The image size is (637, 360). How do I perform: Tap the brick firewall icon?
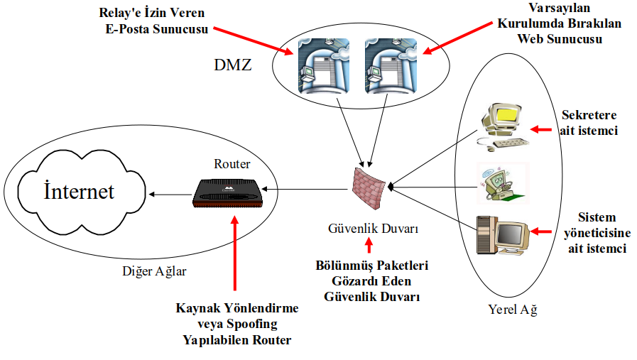click(x=369, y=185)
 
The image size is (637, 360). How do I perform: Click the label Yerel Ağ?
click(x=513, y=310)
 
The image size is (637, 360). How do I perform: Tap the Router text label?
click(x=232, y=164)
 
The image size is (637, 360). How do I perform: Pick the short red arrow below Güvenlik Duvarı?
click(x=368, y=246)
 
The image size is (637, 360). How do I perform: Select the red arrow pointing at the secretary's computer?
click(x=541, y=129)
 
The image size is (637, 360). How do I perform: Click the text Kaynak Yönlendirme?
click(x=236, y=309)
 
